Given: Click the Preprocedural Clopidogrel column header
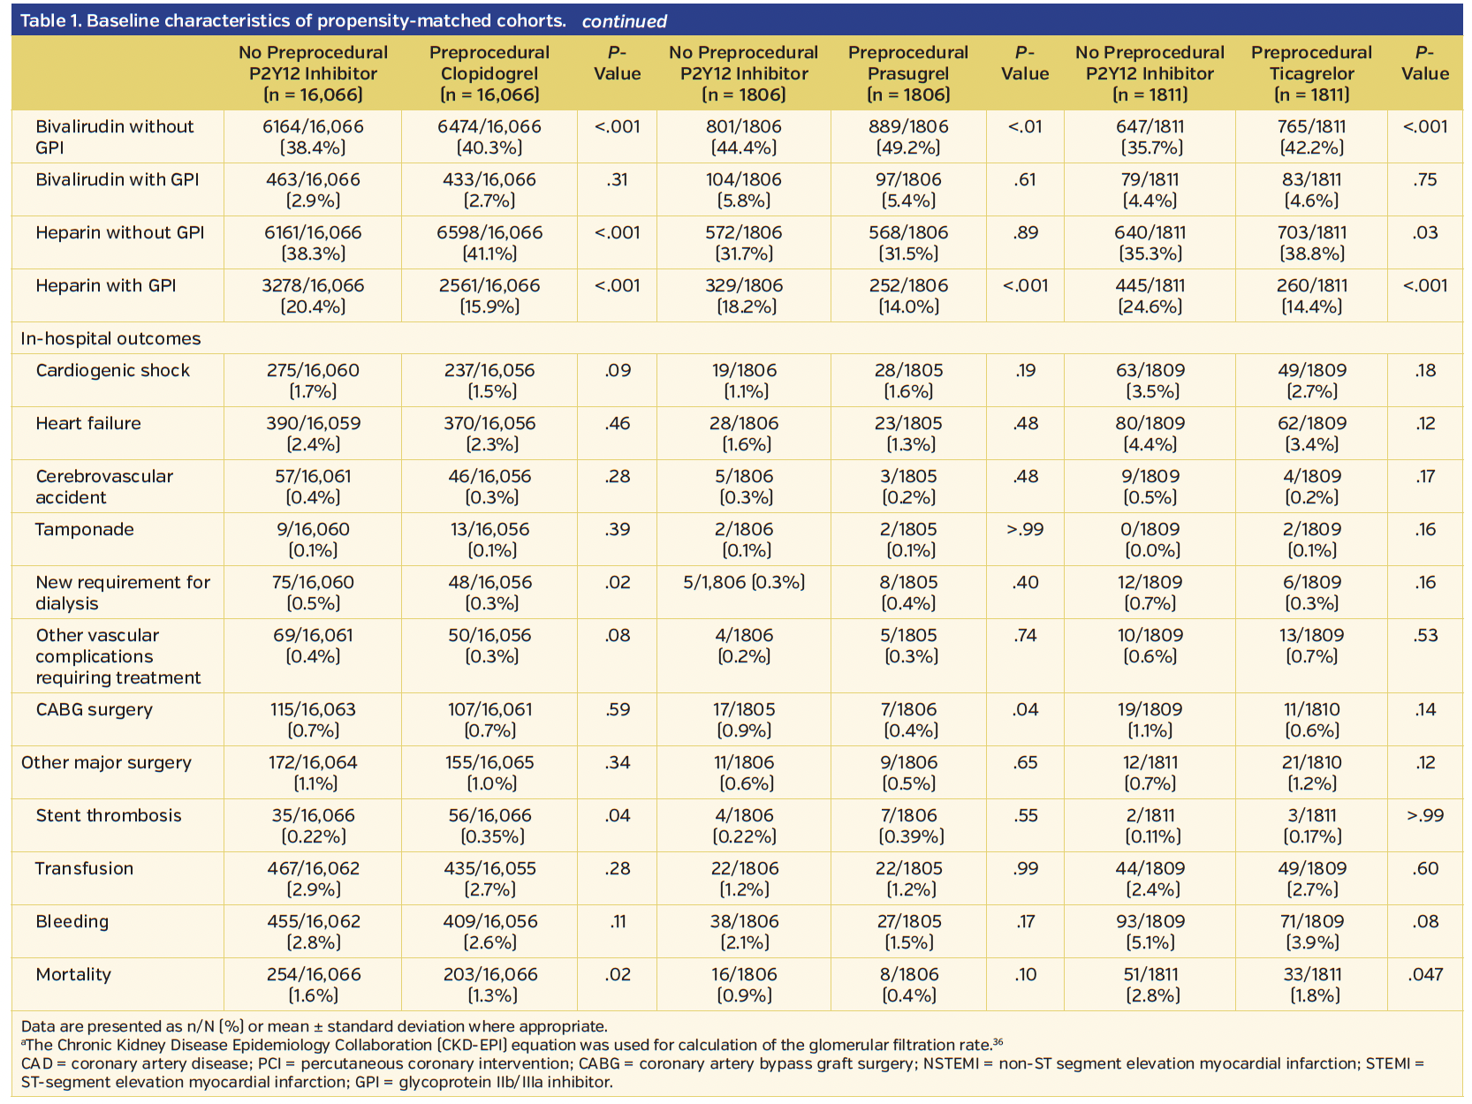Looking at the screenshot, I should [x=489, y=73].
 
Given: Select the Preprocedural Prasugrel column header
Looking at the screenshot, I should [x=907, y=73].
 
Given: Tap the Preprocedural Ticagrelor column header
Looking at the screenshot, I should [x=1311, y=73].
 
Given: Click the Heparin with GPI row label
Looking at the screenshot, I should [x=106, y=286].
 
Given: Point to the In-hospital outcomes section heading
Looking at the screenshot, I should [x=110, y=339].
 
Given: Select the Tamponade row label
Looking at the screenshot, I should [x=85, y=530].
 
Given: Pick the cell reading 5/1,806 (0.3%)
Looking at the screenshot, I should [x=743, y=583].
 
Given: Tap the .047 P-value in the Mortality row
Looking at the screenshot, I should [x=1424, y=975].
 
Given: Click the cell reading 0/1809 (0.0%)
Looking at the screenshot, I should [x=1150, y=540].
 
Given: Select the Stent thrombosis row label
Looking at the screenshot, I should [x=109, y=816].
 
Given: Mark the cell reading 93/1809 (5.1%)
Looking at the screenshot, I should [x=1150, y=932].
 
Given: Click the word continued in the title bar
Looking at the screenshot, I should [x=624, y=22].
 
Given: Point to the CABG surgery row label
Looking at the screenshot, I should [x=95, y=710].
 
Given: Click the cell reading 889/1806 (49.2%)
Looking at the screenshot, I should [x=907, y=137].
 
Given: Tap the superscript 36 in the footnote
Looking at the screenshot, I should [x=998, y=1042].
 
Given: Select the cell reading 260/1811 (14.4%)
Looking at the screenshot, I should [x=1311, y=296].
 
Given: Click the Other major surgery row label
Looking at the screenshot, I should [x=106, y=763].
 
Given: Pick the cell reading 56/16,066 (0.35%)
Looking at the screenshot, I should [x=489, y=826].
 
